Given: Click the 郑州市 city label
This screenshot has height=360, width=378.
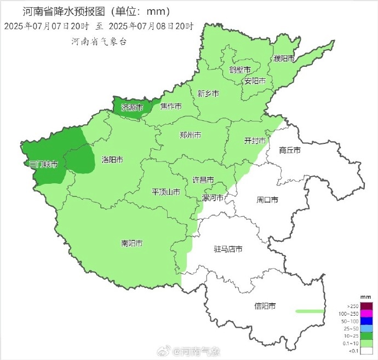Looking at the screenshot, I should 190,135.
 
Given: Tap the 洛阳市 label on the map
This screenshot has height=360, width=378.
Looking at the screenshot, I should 112,160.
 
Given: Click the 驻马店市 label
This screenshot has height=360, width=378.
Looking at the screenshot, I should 228,249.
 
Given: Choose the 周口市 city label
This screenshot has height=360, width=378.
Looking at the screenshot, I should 267,200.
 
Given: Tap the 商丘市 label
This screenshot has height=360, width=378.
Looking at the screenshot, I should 289,149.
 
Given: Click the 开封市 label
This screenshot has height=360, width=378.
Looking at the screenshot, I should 255,141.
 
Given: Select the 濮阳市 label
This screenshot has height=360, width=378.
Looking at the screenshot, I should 284,59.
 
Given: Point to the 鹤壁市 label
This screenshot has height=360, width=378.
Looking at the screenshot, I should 239,70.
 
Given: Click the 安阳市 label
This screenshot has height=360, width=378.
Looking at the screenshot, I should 255,81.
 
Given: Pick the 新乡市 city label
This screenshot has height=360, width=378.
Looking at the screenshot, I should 208,94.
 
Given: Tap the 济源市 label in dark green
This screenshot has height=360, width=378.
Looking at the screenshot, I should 132,107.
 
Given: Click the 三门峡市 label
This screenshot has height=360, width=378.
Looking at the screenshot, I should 43,164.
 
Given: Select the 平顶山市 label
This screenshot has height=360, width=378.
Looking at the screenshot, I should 166,192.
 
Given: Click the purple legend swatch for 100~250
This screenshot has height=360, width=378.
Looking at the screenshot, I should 366,313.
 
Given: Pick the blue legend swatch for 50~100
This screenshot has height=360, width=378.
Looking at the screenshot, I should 366,321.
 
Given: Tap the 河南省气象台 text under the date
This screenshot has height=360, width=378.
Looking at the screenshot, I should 99,41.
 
